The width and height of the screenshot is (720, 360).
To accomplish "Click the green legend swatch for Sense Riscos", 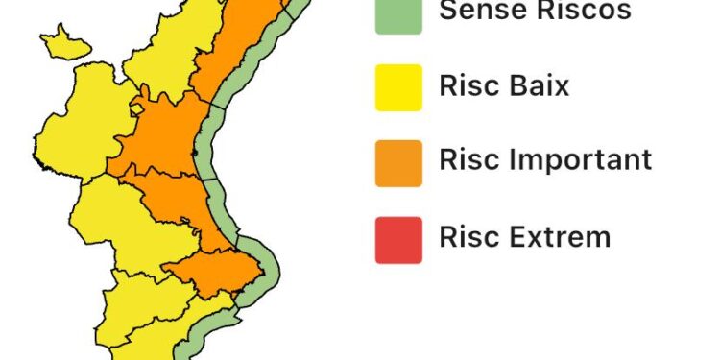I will pos(398,13).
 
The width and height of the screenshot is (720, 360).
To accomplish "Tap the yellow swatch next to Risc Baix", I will pos(398,87).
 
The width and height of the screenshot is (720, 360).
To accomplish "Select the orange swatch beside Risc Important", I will pos(398,162).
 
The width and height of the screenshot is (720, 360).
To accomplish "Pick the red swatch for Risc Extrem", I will pos(398,239).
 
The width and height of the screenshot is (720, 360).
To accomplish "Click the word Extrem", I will pos(557,235).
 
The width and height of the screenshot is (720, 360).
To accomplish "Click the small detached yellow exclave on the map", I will pos(65,42).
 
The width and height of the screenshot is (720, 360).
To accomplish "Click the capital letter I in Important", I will pos(506,159).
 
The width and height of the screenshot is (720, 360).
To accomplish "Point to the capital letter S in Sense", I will pos(448,11).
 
